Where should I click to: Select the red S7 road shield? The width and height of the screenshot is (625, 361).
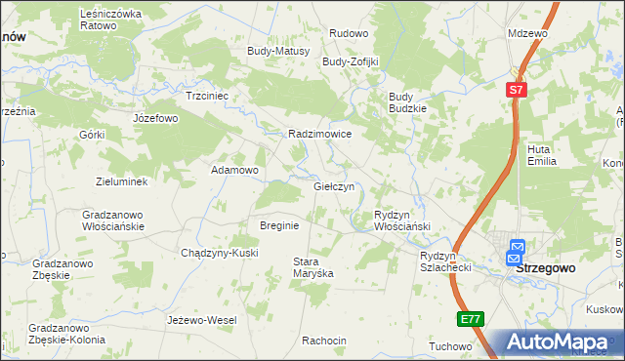coord(516,90)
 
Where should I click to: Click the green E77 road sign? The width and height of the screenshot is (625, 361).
coord(470,319)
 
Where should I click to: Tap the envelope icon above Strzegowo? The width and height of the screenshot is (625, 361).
coord(517,250)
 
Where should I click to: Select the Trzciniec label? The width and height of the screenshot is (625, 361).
coord(207,97)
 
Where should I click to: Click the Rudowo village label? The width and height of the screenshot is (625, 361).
coord(349,33)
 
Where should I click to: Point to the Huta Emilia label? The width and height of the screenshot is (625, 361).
coord(541,155)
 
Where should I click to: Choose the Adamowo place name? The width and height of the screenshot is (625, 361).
coord(235,170)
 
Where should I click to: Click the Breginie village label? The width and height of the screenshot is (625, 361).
coord(278,224)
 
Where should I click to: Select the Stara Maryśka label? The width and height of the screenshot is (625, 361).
coord(313,267)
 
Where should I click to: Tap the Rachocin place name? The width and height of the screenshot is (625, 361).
coord(324,341)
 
